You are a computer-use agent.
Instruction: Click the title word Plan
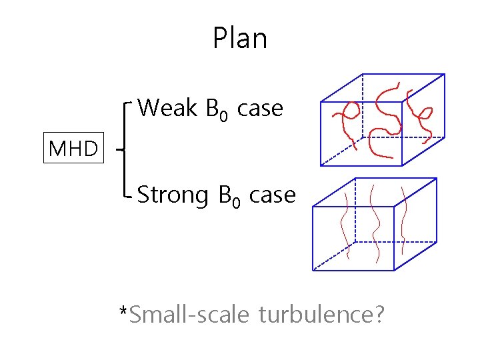(240, 39)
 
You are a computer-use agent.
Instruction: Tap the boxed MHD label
(73, 149)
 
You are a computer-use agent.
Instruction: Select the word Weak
(167, 107)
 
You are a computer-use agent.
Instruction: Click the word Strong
(173, 195)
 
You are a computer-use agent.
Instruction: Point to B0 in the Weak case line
(218, 110)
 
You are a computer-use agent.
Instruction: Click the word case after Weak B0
(260, 108)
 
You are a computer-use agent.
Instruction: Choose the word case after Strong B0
(272, 195)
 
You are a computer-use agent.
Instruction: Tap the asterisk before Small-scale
(123, 310)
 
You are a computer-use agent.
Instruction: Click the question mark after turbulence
(378, 313)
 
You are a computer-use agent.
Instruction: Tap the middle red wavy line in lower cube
(375, 223)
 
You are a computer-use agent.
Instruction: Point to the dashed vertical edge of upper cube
(362, 107)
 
